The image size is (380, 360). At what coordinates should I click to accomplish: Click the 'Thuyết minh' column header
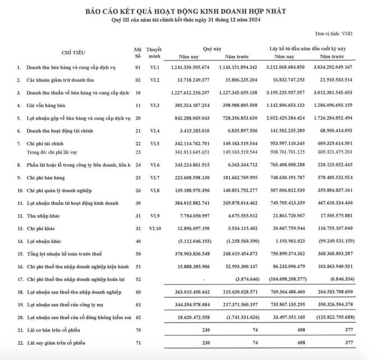click(154, 53)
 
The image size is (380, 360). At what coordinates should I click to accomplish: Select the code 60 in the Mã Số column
click(137, 292)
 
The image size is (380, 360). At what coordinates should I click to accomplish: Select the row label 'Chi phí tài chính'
click(47, 144)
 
